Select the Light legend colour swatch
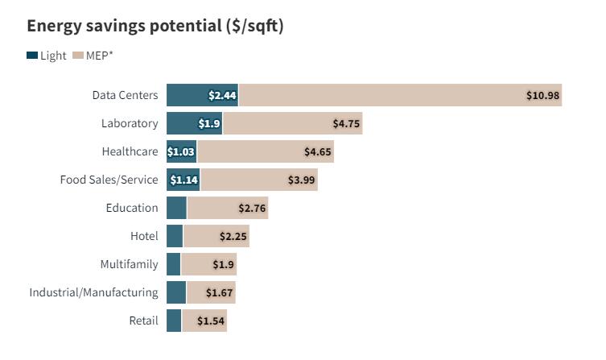pos(32,56)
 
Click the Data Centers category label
pos(125,95)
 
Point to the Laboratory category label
pos(130,123)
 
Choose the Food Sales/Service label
pos(109,180)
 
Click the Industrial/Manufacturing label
pos(94,292)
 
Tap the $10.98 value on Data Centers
pos(543,95)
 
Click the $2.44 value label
pos(221,95)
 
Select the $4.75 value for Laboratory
pos(347,123)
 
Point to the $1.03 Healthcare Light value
pos(181,151)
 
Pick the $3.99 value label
pos(302,180)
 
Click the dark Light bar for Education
pos(176,208)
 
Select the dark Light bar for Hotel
pos(175,236)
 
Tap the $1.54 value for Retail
pos(211,321)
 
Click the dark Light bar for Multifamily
pos(173,264)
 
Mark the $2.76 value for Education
pos(252,208)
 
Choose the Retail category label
pos(143,321)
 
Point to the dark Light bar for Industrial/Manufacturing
pos(176,292)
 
